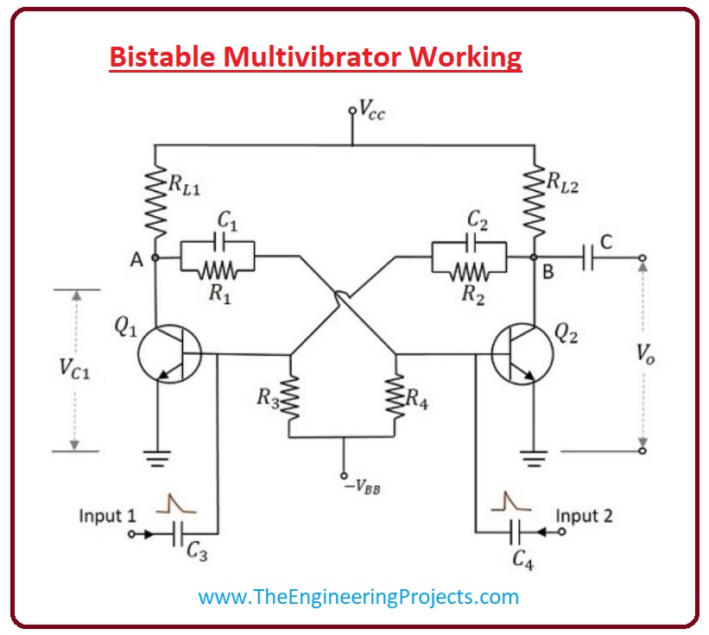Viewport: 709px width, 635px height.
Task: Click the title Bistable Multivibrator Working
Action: click(x=315, y=57)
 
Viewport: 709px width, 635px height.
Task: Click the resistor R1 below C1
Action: click(x=218, y=270)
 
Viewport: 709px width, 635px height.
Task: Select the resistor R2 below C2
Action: click(x=468, y=270)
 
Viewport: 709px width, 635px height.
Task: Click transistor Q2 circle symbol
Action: click(x=521, y=354)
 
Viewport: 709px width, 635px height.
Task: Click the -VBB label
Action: click(x=362, y=486)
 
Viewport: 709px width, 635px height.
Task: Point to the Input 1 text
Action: click(x=107, y=516)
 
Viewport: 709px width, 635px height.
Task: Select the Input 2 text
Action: click(x=584, y=516)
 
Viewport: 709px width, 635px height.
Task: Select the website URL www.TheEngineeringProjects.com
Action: click(x=358, y=596)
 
